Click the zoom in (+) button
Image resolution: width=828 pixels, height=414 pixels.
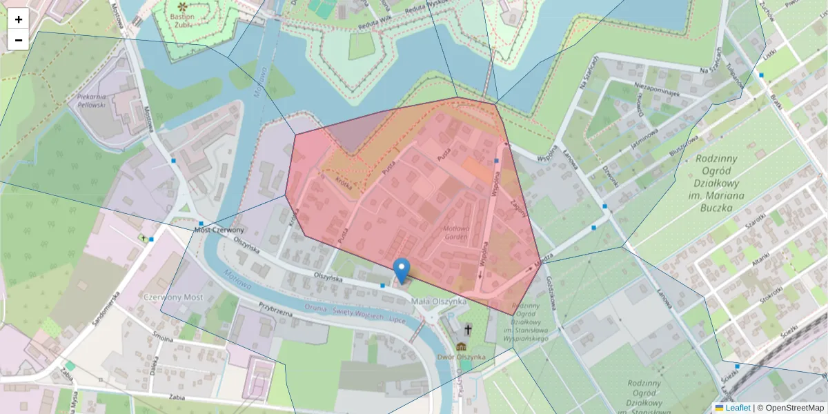(x=19, y=19)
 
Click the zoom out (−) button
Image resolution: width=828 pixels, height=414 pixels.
(x=19, y=40)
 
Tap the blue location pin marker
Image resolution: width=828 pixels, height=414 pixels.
(x=401, y=270)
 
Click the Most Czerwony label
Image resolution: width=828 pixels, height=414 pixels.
(x=219, y=230)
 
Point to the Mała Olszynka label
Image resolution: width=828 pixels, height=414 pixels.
(x=439, y=302)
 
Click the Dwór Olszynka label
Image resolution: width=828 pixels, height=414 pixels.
(x=462, y=357)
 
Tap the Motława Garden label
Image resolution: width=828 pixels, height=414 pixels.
(x=456, y=232)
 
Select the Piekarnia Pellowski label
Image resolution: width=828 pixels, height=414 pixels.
(x=91, y=101)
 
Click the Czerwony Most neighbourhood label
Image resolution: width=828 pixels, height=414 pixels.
(x=173, y=296)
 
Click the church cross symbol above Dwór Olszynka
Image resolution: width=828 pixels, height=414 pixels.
(x=469, y=330)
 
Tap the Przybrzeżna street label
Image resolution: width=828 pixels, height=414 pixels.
(x=276, y=308)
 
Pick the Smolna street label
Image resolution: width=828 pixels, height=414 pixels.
(x=164, y=339)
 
